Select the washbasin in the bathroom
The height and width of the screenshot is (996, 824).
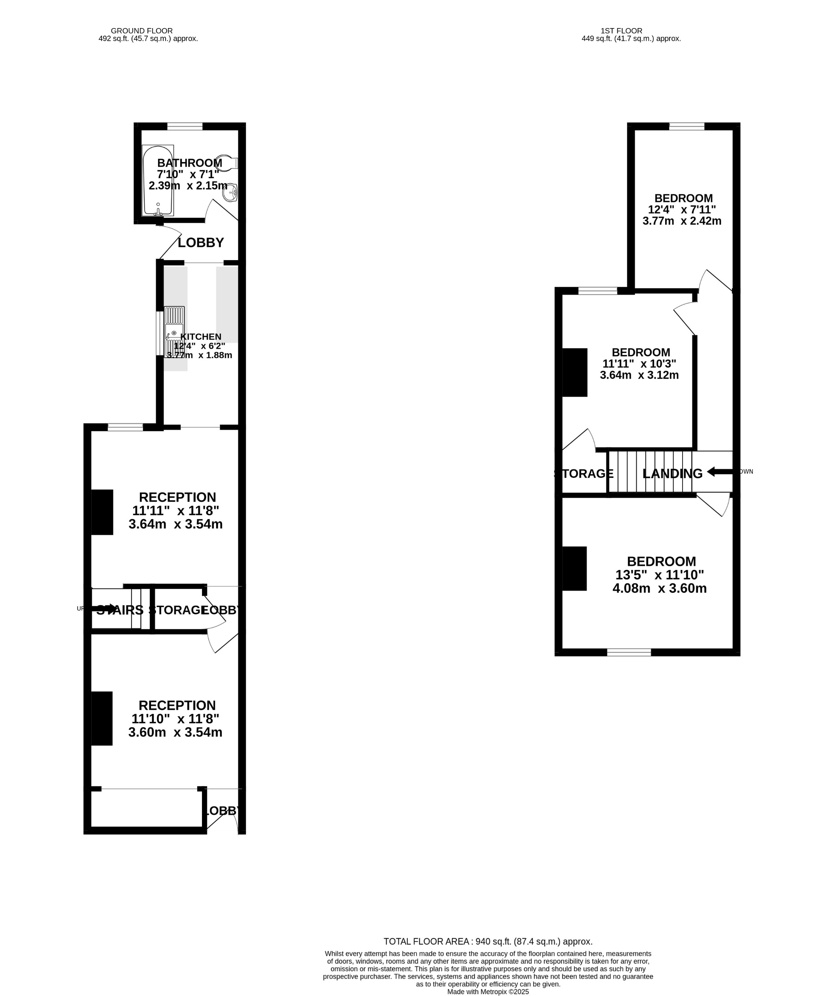point(231,192)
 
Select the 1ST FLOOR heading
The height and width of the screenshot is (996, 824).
point(621,31)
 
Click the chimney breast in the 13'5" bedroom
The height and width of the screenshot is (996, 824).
point(574,569)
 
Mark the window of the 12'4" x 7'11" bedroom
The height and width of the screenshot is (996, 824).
point(686,126)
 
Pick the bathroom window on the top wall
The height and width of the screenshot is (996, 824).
point(185,126)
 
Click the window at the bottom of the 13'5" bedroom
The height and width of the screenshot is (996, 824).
point(629,653)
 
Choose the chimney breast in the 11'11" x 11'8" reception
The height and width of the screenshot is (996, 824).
point(102,512)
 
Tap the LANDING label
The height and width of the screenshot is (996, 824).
point(672,473)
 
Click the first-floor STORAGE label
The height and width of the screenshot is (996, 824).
point(584,473)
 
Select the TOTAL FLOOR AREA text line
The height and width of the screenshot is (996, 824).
point(488,941)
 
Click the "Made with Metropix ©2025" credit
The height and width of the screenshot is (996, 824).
point(488,992)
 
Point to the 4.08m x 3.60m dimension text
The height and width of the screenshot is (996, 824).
point(659,589)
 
